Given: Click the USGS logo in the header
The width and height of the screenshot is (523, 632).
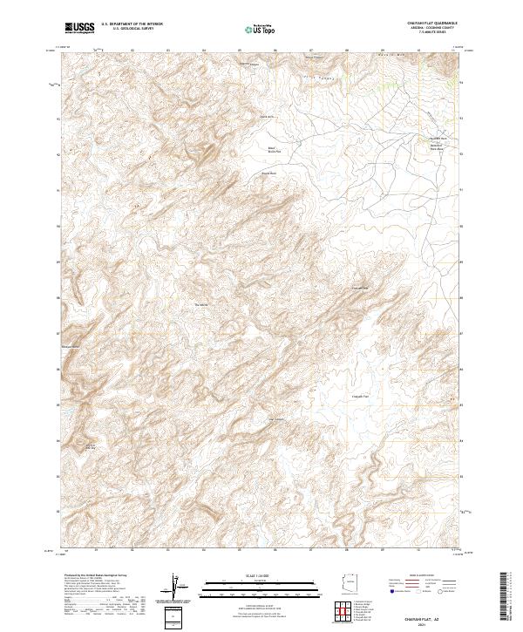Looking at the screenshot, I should point(80,28).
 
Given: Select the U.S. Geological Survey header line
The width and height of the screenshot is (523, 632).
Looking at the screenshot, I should point(131,30).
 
